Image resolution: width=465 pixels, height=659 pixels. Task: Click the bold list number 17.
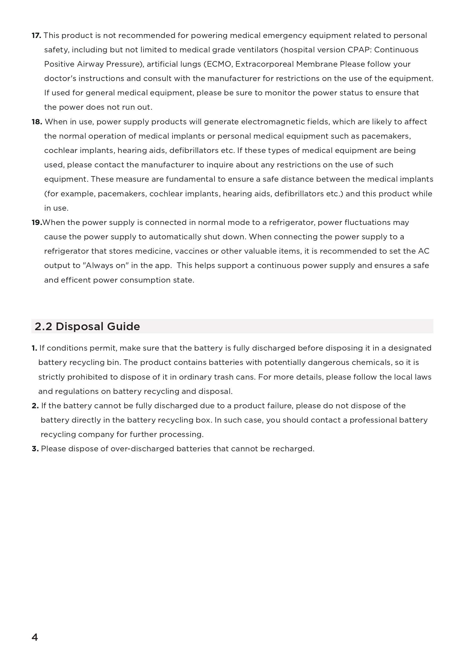pos(36,36)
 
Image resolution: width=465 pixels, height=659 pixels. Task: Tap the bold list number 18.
pos(37,122)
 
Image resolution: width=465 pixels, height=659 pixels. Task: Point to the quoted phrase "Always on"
pos(104,266)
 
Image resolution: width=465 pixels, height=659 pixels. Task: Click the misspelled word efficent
pos(76,280)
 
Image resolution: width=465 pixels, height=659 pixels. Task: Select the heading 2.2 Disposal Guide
pos(87,327)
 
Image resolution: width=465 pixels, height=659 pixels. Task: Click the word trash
pos(223,377)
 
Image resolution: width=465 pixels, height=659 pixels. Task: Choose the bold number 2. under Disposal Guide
pos(35,406)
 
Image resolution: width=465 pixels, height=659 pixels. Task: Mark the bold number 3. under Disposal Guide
pos(35,449)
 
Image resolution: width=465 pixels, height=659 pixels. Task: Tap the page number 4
pos(35,637)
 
